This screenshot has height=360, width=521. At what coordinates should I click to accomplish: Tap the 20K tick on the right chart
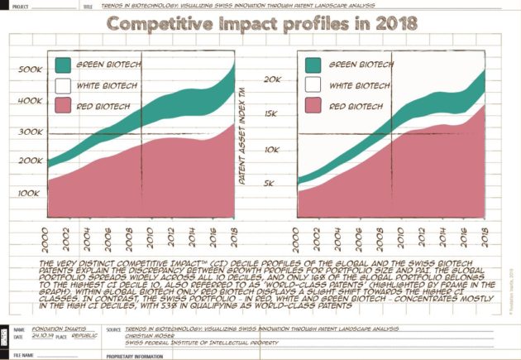[x=276, y=79]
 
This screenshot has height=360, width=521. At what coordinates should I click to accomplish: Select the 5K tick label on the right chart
[x=279, y=184]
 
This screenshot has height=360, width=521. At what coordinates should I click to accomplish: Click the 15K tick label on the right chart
[x=276, y=113]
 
